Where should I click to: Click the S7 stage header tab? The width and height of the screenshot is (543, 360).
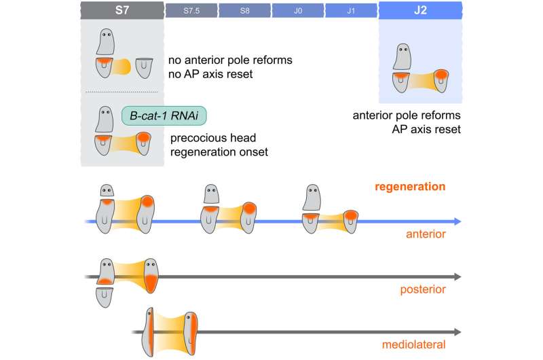click(x=122, y=10)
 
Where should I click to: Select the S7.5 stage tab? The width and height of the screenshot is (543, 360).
click(x=191, y=11)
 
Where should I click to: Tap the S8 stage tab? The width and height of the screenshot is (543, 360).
click(x=245, y=11)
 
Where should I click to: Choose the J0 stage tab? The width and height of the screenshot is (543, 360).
click(x=298, y=11)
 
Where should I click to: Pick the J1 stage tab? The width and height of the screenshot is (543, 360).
click(x=351, y=11)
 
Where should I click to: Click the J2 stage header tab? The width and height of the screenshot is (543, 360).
click(x=420, y=10)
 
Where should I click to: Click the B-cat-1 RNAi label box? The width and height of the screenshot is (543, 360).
click(x=164, y=115)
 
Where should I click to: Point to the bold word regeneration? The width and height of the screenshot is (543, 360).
click(x=410, y=186)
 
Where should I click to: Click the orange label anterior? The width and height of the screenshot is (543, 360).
click(x=426, y=234)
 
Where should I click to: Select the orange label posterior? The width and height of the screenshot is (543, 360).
click(x=423, y=289)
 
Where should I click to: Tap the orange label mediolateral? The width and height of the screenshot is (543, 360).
click(x=413, y=344)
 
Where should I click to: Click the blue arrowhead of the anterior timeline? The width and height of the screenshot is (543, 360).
click(x=457, y=221)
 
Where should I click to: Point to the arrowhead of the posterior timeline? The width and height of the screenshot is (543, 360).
click(x=457, y=276)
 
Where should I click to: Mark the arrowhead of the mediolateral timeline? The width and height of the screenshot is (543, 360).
click(x=457, y=332)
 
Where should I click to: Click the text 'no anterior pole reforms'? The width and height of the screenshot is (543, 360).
click(x=230, y=60)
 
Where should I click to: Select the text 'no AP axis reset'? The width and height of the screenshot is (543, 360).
click(x=210, y=74)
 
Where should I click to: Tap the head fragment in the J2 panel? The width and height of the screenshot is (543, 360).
click(x=402, y=56)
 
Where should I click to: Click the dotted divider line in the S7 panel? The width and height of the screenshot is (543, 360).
click(x=121, y=92)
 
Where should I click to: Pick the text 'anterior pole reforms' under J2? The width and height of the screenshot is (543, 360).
click(x=407, y=115)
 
